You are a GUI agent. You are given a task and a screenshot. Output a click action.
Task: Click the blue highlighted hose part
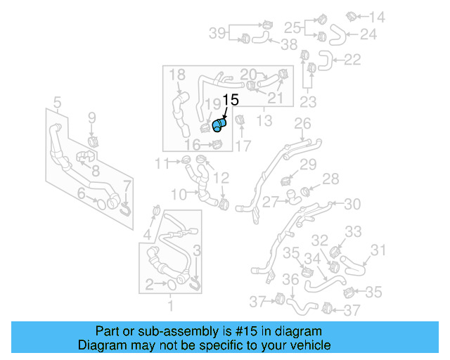click(219, 125)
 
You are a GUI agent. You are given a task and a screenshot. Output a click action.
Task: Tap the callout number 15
click(231, 100)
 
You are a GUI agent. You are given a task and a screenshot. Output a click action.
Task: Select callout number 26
click(302, 124)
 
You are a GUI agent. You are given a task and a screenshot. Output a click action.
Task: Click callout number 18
click(176, 75)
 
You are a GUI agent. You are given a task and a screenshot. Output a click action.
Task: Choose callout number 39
click(217, 32)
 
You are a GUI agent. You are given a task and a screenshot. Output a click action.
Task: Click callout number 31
click(379, 250)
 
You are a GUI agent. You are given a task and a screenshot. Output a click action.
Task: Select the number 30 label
click(352, 203)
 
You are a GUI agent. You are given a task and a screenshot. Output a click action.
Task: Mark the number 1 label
click(170, 306)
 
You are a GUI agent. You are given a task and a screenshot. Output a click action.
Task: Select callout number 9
click(91, 117)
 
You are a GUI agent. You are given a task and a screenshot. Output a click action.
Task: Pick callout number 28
click(330, 179)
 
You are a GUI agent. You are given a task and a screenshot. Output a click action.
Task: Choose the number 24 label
click(368, 33)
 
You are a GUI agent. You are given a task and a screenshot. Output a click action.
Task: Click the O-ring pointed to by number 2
click(172, 284)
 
